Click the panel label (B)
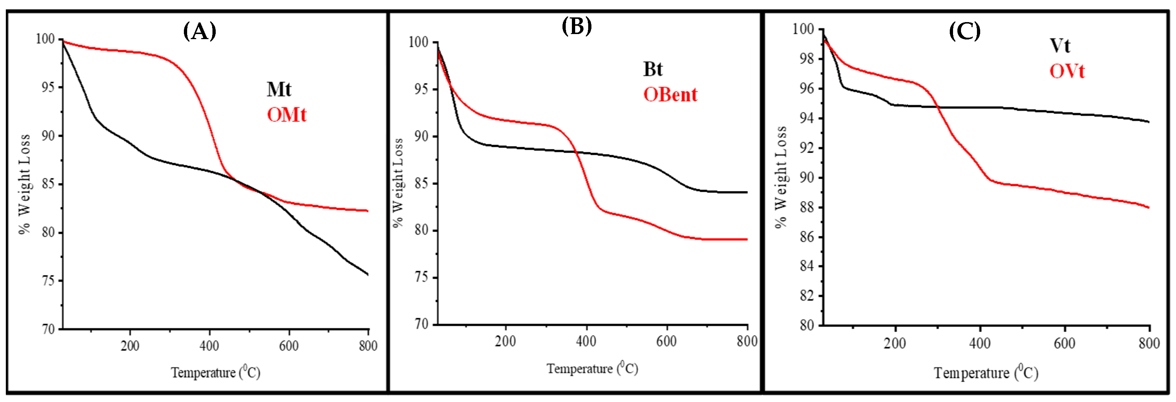pyautogui.click(x=577, y=26)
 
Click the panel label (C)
pyautogui.click(x=964, y=32)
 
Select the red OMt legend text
pyautogui.click(x=287, y=115)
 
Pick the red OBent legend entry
pyautogui.click(x=670, y=95)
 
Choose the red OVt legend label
pyautogui.click(x=1067, y=71)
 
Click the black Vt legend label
pyautogui.click(x=1059, y=46)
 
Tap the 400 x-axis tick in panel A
pyautogui.click(x=210, y=346)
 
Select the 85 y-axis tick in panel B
pyautogui.click(x=421, y=183)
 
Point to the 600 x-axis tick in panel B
pyautogui.click(x=666, y=341)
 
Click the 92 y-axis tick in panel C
pyautogui.click(x=807, y=148)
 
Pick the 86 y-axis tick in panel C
pyautogui.click(x=807, y=236)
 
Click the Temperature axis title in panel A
pyautogui.click(x=215, y=372)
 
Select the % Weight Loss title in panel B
pyautogui.click(x=398, y=183)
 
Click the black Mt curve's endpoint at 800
pyautogui.click(x=368, y=275)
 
